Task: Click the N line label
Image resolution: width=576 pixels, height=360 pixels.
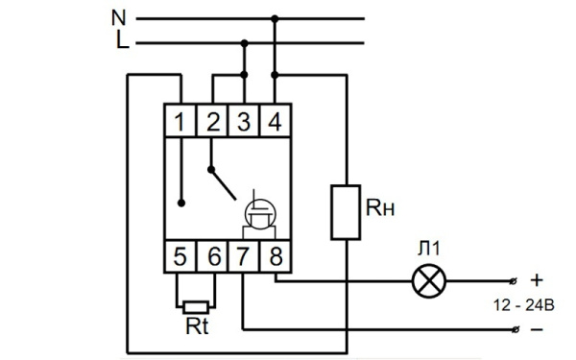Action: click(x=119, y=16)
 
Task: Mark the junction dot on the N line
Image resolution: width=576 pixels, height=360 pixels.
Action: click(x=276, y=17)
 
